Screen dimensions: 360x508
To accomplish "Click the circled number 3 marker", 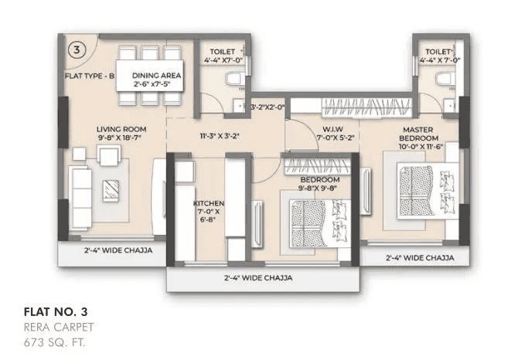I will [x=77, y=51].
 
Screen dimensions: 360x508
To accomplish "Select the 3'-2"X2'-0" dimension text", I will [x=268, y=107].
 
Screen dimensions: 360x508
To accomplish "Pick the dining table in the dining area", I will [x=151, y=74].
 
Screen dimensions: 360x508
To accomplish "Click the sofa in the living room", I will [x=80, y=187].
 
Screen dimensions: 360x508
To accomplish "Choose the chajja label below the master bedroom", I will [x=419, y=257].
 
